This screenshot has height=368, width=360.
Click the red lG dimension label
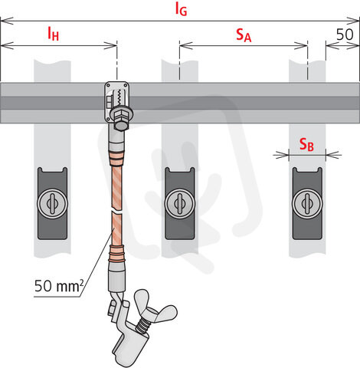(x=181, y=9)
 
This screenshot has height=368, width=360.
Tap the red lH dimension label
(x=54, y=34)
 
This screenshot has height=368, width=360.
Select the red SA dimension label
(x=244, y=35)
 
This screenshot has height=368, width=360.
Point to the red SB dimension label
(x=306, y=144)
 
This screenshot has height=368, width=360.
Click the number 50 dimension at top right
(x=345, y=34)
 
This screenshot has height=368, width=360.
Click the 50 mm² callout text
(x=59, y=286)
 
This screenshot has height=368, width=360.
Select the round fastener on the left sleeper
(x=52, y=204)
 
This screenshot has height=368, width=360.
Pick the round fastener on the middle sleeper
(x=180, y=204)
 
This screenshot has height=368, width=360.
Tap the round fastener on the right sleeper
(x=307, y=204)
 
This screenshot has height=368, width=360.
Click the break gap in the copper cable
(x=116, y=212)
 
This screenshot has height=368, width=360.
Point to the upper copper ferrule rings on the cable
(x=116, y=159)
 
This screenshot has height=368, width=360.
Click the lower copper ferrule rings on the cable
(x=117, y=253)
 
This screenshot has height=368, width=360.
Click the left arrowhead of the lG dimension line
(x=7, y=21)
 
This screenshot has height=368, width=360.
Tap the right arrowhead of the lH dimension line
(x=110, y=46)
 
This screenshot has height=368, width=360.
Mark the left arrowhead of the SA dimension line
(x=186, y=46)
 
